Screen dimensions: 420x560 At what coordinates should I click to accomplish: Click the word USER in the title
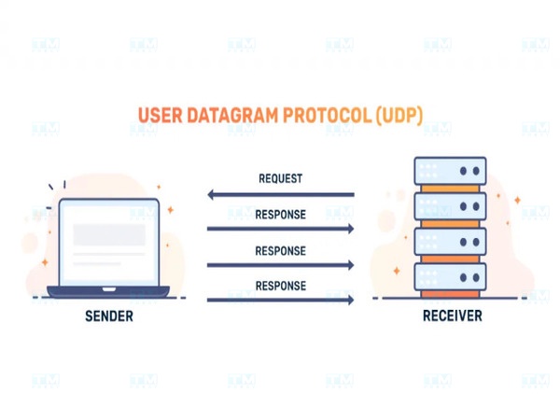[x=159, y=117]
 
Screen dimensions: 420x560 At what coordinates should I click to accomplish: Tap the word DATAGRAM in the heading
[x=226, y=117]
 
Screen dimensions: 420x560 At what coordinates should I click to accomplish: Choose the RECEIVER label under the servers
[x=452, y=317]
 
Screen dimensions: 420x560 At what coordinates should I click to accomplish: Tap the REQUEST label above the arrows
[x=280, y=178]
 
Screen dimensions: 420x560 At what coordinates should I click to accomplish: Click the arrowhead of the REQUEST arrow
[x=212, y=195]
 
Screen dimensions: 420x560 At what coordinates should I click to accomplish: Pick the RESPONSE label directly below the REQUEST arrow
[x=280, y=214]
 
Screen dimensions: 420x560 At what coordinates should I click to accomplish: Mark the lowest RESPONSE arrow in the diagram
[x=280, y=300]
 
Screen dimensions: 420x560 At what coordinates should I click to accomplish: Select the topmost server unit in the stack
[x=451, y=172]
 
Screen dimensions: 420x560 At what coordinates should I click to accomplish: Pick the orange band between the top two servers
[x=451, y=189]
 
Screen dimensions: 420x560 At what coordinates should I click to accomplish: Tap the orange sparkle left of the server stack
[x=397, y=271]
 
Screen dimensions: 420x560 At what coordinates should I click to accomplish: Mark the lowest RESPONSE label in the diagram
[x=280, y=285]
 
